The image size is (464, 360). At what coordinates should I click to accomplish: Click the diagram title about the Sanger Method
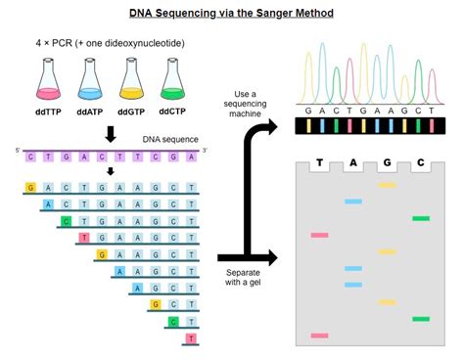point(231,13)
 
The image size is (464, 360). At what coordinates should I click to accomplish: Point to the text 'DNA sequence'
point(167,139)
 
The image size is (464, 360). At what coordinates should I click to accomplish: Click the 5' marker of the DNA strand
point(18,149)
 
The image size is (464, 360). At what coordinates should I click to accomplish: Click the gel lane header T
point(319,163)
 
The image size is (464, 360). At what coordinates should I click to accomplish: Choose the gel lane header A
point(352,163)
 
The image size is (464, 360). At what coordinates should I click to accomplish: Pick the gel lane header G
point(387,163)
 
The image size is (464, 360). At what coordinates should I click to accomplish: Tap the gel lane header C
point(420,163)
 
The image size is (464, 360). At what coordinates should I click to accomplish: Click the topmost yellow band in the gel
point(387,185)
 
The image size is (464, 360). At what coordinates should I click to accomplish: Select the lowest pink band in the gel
point(319,336)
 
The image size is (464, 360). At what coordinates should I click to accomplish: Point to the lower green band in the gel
point(421,319)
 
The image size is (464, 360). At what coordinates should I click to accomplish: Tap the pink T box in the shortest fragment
point(190,338)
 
